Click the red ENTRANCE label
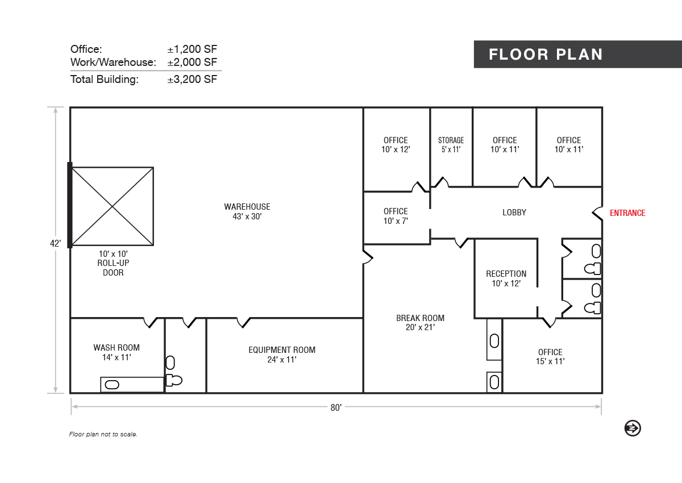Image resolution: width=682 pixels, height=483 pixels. (627, 213)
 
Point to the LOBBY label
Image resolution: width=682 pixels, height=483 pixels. (514, 213)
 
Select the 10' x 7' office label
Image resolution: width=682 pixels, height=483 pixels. (396, 216)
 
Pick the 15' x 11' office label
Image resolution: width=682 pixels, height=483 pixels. (550, 357)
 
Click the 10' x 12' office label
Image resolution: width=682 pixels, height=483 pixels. (396, 145)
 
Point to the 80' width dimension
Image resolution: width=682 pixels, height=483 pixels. (336, 407)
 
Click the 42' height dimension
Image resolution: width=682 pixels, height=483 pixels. (56, 243)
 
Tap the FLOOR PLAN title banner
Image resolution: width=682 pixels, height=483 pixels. (578, 54)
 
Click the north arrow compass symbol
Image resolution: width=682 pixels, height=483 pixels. (633, 428)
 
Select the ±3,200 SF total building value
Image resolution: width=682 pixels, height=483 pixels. (192, 79)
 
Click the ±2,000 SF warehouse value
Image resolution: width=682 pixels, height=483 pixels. (192, 62)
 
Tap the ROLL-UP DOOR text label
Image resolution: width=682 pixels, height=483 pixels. (113, 268)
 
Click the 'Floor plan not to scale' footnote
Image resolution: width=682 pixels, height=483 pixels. (103, 434)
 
